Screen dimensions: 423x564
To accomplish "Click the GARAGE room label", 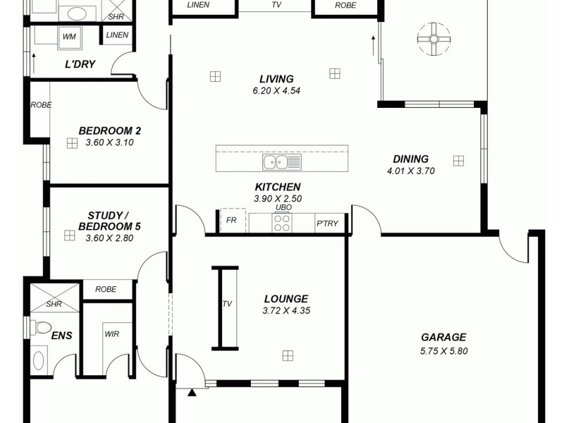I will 443,337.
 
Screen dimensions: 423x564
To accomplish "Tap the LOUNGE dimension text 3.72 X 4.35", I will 286,310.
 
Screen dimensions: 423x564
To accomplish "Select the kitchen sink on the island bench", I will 281,163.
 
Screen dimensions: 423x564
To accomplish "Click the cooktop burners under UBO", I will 282,223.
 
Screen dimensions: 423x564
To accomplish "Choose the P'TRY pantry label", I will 327,223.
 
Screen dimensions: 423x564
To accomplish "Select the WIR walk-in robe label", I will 111,335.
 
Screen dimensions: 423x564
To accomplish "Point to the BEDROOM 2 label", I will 109,130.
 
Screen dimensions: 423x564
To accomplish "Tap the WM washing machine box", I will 69,35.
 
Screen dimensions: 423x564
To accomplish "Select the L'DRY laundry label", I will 80,65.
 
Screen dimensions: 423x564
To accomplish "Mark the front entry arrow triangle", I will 191,393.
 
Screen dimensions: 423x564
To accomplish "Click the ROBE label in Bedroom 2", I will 41,105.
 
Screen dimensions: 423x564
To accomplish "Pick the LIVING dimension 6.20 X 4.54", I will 276,90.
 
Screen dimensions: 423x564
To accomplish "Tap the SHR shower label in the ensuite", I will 54,305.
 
